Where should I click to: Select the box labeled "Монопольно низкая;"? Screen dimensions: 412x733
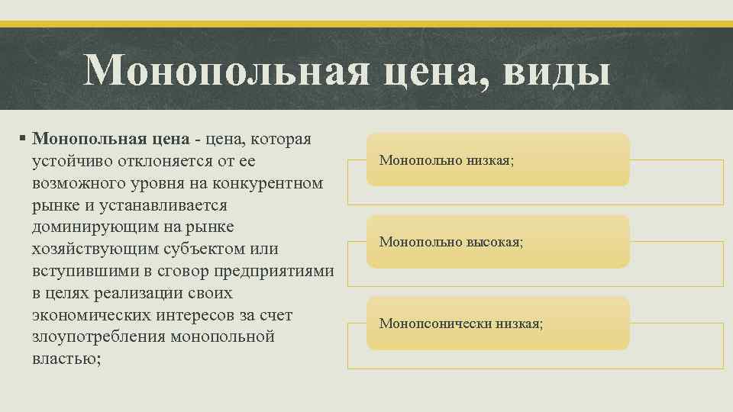(x=498, y=160)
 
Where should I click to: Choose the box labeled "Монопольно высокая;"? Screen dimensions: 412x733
(x=498, y=242)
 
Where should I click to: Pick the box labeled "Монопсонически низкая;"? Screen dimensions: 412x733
(x=498, y=323)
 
